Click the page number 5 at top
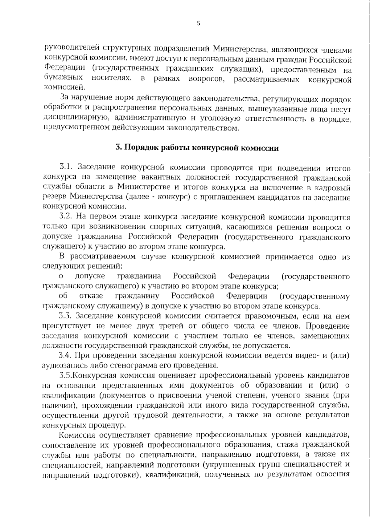(x=198, y=23)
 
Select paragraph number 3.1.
(x=65, y=168)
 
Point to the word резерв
(x=54, y=197)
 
